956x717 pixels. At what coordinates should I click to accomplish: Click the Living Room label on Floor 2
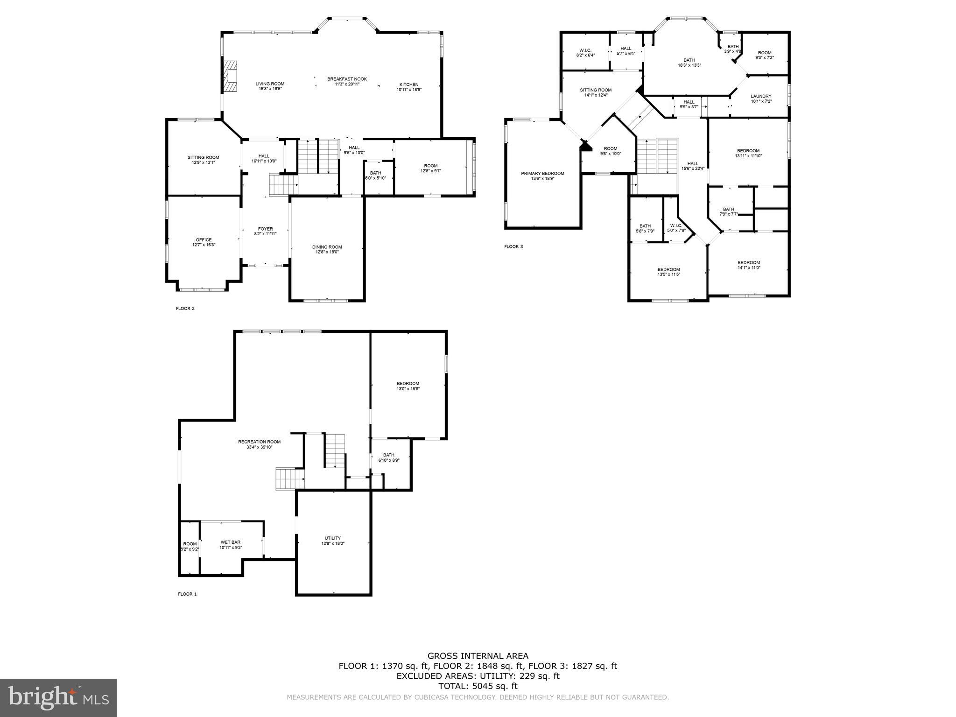[270, 84]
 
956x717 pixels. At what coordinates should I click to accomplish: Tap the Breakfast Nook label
[347, 79]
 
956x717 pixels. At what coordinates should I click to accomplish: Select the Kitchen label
[409, 84]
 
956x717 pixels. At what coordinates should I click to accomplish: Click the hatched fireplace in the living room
[230, 77]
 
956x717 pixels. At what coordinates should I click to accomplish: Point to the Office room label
[204, 240]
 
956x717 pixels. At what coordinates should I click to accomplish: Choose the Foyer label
[265, 229]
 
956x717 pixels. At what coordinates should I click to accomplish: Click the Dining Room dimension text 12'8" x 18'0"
[327, 252]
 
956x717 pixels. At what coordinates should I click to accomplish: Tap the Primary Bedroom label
[542, 174]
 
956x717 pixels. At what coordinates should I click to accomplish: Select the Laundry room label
[761, 96]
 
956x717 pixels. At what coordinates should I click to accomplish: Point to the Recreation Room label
[259, 442]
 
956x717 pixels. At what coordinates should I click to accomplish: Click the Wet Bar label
[231, 542]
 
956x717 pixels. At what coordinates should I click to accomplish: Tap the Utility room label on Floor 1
[333, 538]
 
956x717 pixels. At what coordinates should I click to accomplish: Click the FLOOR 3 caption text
[513, 246]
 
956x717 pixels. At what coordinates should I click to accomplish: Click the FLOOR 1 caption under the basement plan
[187, 594]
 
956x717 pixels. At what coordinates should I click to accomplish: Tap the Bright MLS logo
[58, 698]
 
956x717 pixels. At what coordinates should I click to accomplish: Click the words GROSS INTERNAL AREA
[478, 656]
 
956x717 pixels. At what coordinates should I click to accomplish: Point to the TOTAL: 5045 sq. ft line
[478, 686]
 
